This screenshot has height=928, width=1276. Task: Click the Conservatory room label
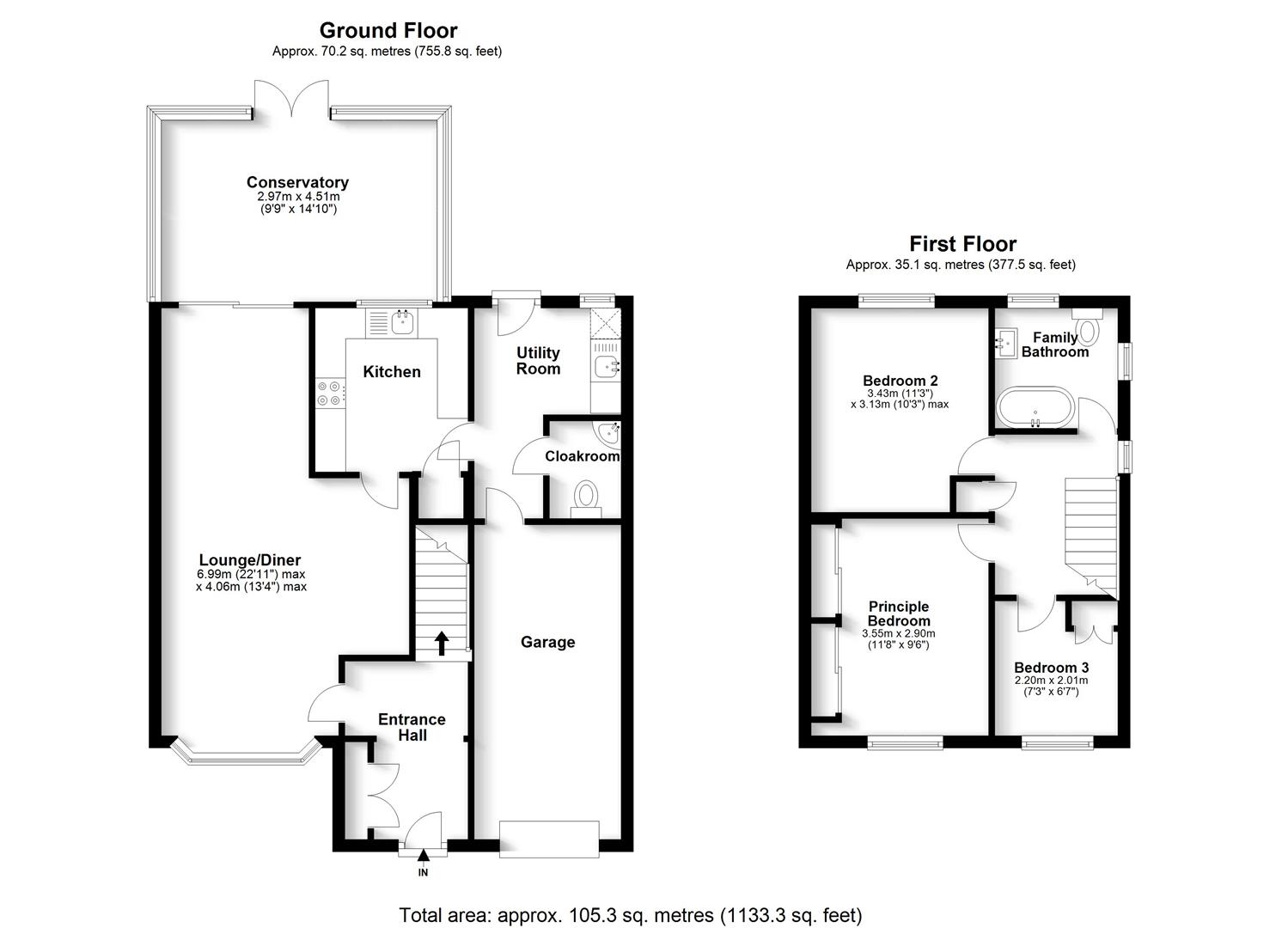click(x=297, y=182)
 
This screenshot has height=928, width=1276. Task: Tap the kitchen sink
click(x=401, y=323)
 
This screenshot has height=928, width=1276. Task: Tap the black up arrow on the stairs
click(x=442, y=643)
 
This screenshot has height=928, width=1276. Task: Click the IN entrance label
click(x=423, y=872)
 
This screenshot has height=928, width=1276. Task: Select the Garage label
click(x=547, y=642)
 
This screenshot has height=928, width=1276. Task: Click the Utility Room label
click(x=538, y=361)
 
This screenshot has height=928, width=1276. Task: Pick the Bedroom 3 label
click(x=1051, y=668)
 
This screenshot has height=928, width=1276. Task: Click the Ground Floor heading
click(x=388, y=31)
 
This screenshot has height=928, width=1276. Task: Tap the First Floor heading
click(x=962, y=244)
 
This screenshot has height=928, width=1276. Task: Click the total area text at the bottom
click(x=630, y=915)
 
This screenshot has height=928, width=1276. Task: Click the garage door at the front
click(x=548, y=839)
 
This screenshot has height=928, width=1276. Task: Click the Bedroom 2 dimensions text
click(x=900, y=398)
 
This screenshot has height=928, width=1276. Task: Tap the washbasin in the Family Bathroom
click(x=1006, y=344)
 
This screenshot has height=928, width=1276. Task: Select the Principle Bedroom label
click(x=898, y=614)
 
